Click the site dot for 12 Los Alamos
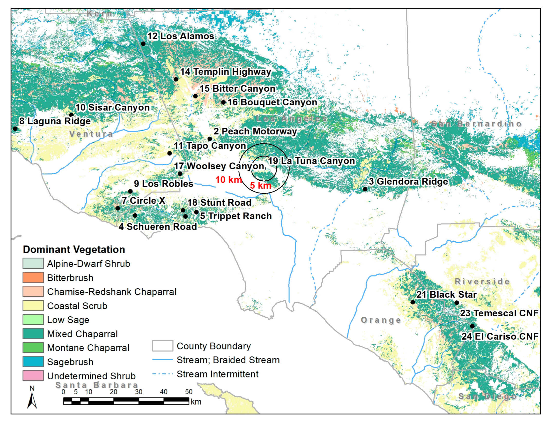[x=143, y=44]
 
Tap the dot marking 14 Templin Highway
[x=176, y=79]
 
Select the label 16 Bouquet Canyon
[x=272, y=102]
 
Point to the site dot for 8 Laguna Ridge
[x=15, y=128]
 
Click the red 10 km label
[x=228, y=180]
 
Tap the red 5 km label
[x=260, y=185]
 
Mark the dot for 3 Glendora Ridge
[x=365, y=189]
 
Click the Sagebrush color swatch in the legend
[x=33, y=362]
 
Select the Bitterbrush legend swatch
[x=33, y=278]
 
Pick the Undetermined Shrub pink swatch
[x=33, y=375]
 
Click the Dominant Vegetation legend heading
[x=74, y=250]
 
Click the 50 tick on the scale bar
[x=189, y=392]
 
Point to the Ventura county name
[x=91, y=134]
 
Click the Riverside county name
[x=482, y=281]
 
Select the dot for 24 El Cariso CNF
[x=472, y=326]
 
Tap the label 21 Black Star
[x=446, y=294]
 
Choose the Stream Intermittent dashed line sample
[x=162, y=374]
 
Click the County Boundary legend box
[x=162, y=346]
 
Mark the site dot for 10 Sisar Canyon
[x=71, y=115]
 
